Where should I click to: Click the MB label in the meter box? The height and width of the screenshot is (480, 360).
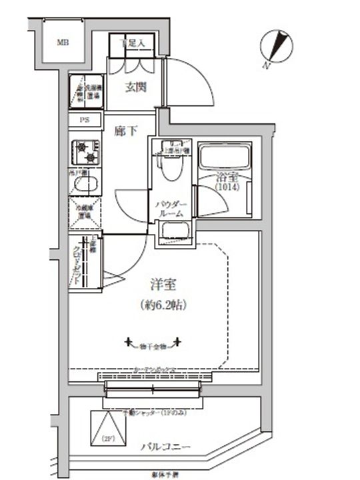point(62,43)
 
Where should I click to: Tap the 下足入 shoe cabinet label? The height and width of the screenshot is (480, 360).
point(135,43)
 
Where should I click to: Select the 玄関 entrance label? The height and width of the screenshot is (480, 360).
point(135,87)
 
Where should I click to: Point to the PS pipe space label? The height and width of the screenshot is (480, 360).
point(85,121)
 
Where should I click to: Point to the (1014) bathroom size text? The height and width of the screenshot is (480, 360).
point(226,188)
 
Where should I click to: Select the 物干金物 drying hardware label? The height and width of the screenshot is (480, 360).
point(153,345)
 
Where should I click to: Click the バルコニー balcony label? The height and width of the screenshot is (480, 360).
point(167,446)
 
